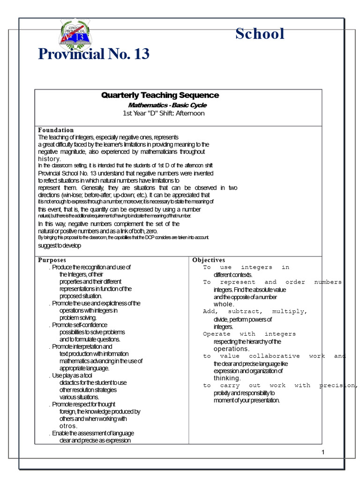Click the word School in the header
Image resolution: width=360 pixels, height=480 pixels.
260,34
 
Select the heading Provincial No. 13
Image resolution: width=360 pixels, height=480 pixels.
94,54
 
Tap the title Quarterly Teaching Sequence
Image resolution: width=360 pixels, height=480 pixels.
160,95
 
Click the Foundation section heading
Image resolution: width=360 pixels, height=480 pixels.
56,130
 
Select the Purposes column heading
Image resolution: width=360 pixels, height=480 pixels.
52,260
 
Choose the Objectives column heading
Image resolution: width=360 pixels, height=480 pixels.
209,260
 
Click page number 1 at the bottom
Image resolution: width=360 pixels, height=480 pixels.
323,452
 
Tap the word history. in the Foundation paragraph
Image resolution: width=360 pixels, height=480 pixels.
49,159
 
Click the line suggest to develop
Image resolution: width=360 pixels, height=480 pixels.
60,245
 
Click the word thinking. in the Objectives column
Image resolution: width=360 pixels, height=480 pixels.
227,378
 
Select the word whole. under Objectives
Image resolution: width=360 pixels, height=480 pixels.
224,304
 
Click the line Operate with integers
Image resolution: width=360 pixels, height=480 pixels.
249,334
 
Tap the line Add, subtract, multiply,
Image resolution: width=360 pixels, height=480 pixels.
255,311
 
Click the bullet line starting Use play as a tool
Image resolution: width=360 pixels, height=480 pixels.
72,375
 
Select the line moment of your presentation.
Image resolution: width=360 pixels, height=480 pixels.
247,400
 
